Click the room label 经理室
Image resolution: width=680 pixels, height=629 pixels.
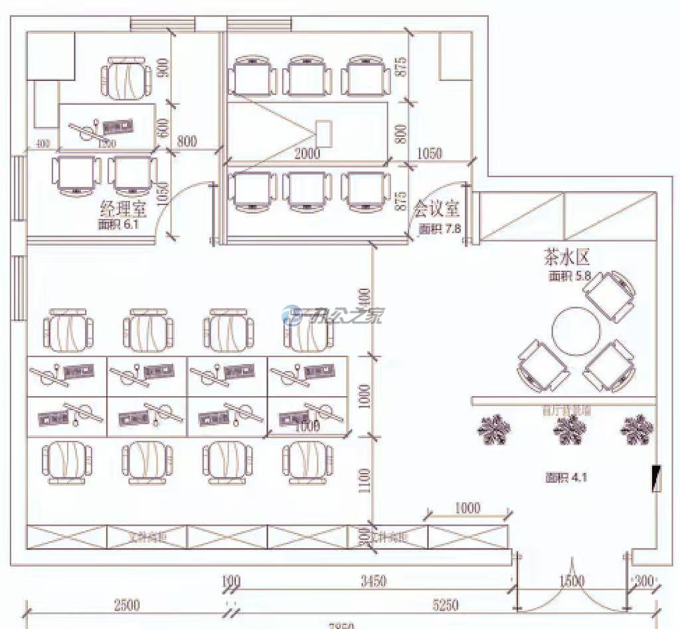(x=123, y=209)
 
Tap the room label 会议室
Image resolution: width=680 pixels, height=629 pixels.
(x=436, y=209)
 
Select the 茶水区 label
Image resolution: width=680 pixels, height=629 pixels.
(x=566, y=257)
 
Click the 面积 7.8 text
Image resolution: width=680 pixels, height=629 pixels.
(x=439, y=229)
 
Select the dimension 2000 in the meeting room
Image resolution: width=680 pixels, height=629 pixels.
(x=307, y=155)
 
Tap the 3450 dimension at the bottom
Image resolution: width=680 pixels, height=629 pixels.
(x=373, y=582)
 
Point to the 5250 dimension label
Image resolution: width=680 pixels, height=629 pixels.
(x=446, y=604)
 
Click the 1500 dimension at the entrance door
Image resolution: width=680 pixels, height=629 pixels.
(x=572, y=582)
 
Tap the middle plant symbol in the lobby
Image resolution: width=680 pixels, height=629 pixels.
(x=570, y=431)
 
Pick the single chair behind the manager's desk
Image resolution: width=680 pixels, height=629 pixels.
(x=126, y=79)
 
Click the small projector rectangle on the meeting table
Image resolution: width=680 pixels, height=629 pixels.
(x=324, y=133)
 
